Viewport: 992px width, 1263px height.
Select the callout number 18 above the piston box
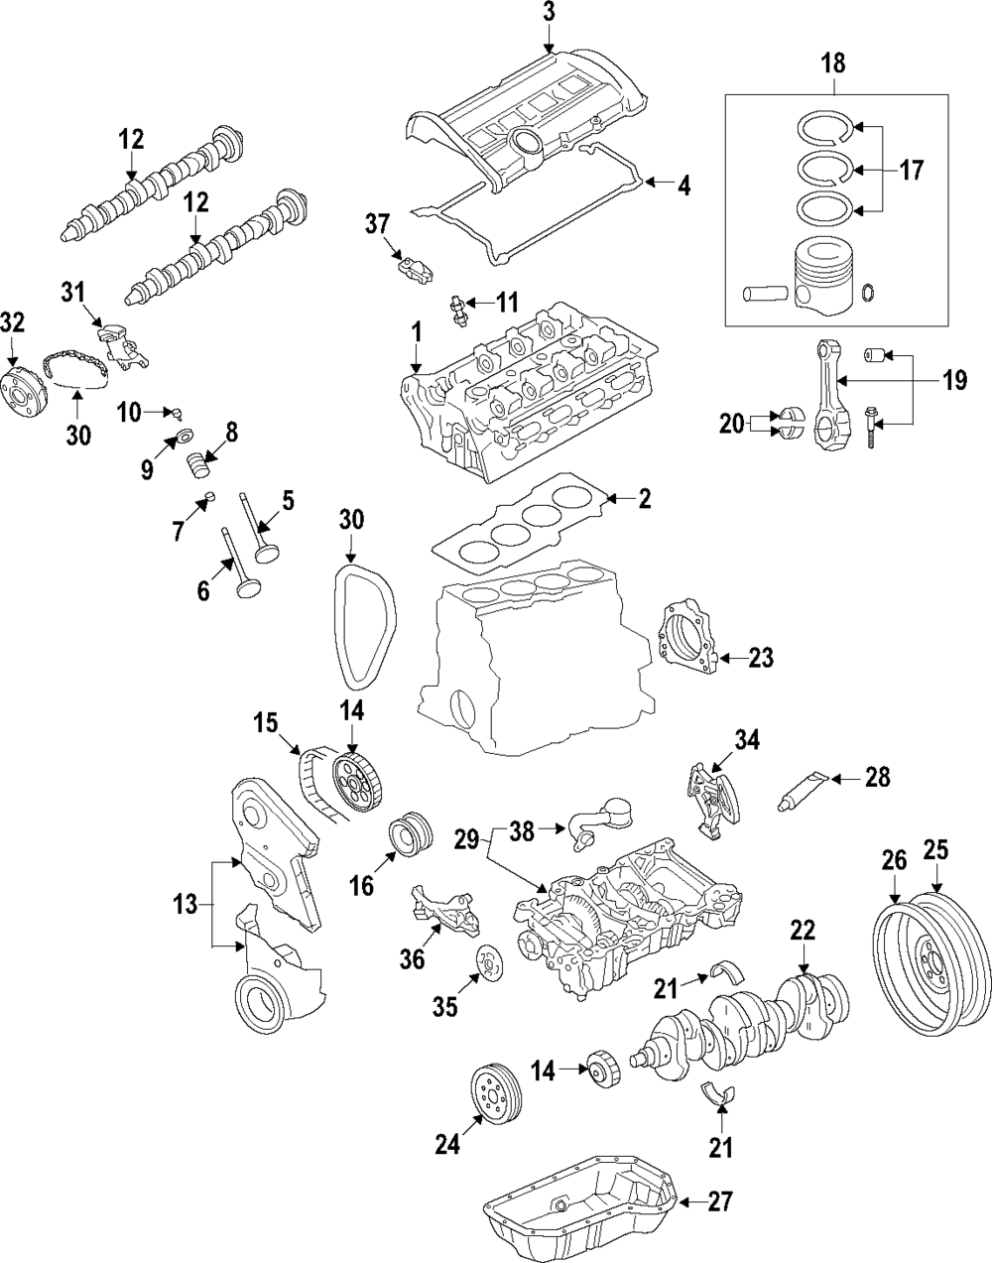(x=833, y=64)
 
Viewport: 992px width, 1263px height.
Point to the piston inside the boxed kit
(x=822, y=280)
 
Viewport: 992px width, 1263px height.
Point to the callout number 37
(x=378, y=225)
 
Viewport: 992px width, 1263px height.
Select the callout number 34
(x=746, y=739)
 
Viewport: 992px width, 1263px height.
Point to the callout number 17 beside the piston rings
(x=911, y=171)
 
